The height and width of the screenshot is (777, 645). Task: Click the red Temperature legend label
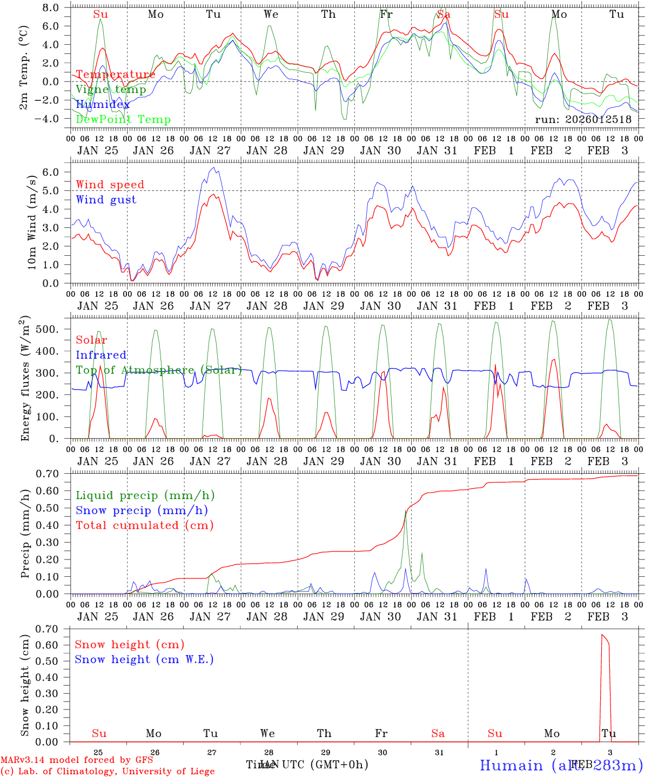coord(115,74)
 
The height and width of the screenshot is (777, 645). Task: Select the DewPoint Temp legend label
coord(123,119)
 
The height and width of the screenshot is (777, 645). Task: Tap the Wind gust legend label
coord(106,200)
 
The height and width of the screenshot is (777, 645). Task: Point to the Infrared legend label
coord(101,355)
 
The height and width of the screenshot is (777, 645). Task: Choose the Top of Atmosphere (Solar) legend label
coord(158,370)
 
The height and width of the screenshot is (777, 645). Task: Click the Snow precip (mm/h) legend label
coord(142,510)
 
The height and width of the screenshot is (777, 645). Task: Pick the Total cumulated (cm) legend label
coord(144,525)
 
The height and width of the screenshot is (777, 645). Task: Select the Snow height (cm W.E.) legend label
coord(144,659)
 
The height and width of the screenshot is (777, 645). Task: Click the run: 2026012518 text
coord(583,119)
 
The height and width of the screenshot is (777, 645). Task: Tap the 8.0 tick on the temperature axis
coord(50,8)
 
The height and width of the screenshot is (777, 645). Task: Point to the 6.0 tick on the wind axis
coord(50,172)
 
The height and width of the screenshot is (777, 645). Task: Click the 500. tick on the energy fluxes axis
coord(49,329)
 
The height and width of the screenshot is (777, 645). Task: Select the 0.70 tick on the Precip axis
coord(47,474)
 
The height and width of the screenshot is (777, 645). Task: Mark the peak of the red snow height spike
coord(602,635)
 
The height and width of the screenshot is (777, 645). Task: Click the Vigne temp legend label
coord(110,90)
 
